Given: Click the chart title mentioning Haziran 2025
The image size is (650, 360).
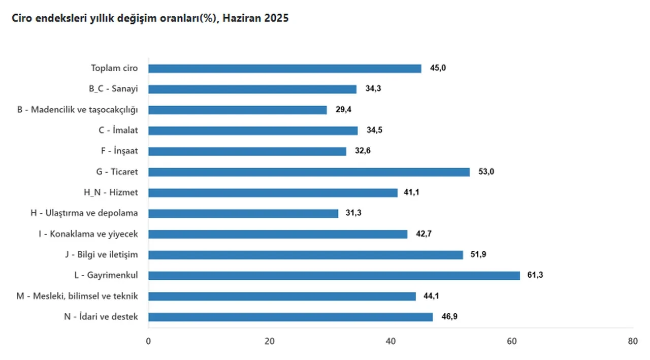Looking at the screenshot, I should pos(147,18).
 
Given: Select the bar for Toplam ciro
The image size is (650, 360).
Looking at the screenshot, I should pos(284,69).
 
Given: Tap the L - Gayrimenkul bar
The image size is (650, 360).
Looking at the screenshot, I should pos(334,275).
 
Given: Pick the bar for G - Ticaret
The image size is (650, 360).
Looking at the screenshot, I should pos(309,172).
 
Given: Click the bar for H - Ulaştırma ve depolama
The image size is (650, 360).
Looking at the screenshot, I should pos(243,213).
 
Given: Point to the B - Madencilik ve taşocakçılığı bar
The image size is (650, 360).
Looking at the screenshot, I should pos(237,110).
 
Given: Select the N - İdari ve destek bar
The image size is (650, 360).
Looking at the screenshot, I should pos(290,317).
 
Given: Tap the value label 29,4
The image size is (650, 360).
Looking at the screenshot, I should pos(343,110).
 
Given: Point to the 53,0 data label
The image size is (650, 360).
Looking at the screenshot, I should pos(486,172).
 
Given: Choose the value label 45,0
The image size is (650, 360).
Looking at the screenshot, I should pos(438,69).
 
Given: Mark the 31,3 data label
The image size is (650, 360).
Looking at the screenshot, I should pos(353,213).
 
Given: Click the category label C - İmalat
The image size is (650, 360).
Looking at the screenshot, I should pos(118,130).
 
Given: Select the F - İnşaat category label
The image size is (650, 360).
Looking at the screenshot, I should pos(119,151).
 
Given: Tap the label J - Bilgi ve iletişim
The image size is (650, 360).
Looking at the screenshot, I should pos(102,254).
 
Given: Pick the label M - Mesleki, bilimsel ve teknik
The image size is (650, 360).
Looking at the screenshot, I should pos(77,296).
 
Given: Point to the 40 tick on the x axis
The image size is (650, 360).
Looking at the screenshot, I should pos(391,342).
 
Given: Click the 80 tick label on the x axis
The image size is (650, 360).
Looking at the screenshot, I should pos(632,342).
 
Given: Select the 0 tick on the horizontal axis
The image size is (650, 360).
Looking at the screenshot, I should pos(148,342).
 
